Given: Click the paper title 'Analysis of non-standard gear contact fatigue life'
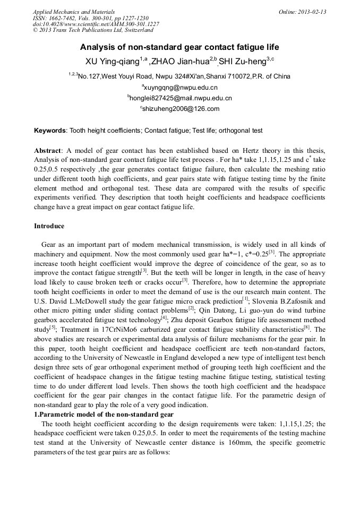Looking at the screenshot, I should click(179, 47).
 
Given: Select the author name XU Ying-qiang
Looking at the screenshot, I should click(112, 61).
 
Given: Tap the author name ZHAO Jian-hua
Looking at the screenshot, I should click(181, 61).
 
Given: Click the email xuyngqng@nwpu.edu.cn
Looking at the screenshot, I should click(181, 87).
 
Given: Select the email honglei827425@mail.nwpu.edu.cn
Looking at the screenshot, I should click(181, 98).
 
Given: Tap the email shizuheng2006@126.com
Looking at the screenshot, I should click(181, 109).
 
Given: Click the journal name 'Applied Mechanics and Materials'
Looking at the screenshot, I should click(73, 12).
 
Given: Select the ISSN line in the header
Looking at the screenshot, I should click(90, 18).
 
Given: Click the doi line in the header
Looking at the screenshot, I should click(96, 24).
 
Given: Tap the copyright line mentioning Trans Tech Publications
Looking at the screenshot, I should click(100, 31).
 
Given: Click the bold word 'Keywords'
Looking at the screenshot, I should click(50, 131).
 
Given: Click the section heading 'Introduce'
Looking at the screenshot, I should click(49, 226).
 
